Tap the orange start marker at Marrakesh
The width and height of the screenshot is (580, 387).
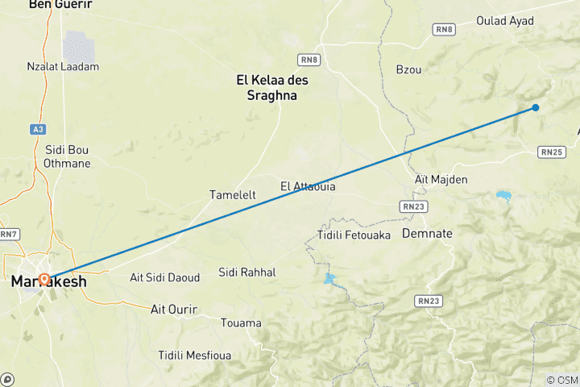tap(44, 280)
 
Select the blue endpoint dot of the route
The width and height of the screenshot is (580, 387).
tap(536, 107)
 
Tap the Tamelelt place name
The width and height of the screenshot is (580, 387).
tap(234, 195)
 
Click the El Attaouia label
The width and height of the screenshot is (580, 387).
tap(308, 186)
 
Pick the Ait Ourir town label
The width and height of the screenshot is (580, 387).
tap(175, 308)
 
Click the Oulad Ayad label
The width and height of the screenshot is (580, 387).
tap(504, 21)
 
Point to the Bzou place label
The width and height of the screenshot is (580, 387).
tap(408, 69)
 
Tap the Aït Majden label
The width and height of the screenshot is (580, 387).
tap(441, 179)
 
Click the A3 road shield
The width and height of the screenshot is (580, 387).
tap(39, 128)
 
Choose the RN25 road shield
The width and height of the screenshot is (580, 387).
tap(552, 151)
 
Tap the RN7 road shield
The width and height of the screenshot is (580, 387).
tap(8, 234)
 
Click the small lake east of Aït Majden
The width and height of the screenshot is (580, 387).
tap(504, 195)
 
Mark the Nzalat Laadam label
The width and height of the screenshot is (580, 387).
tap(63, 66)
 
